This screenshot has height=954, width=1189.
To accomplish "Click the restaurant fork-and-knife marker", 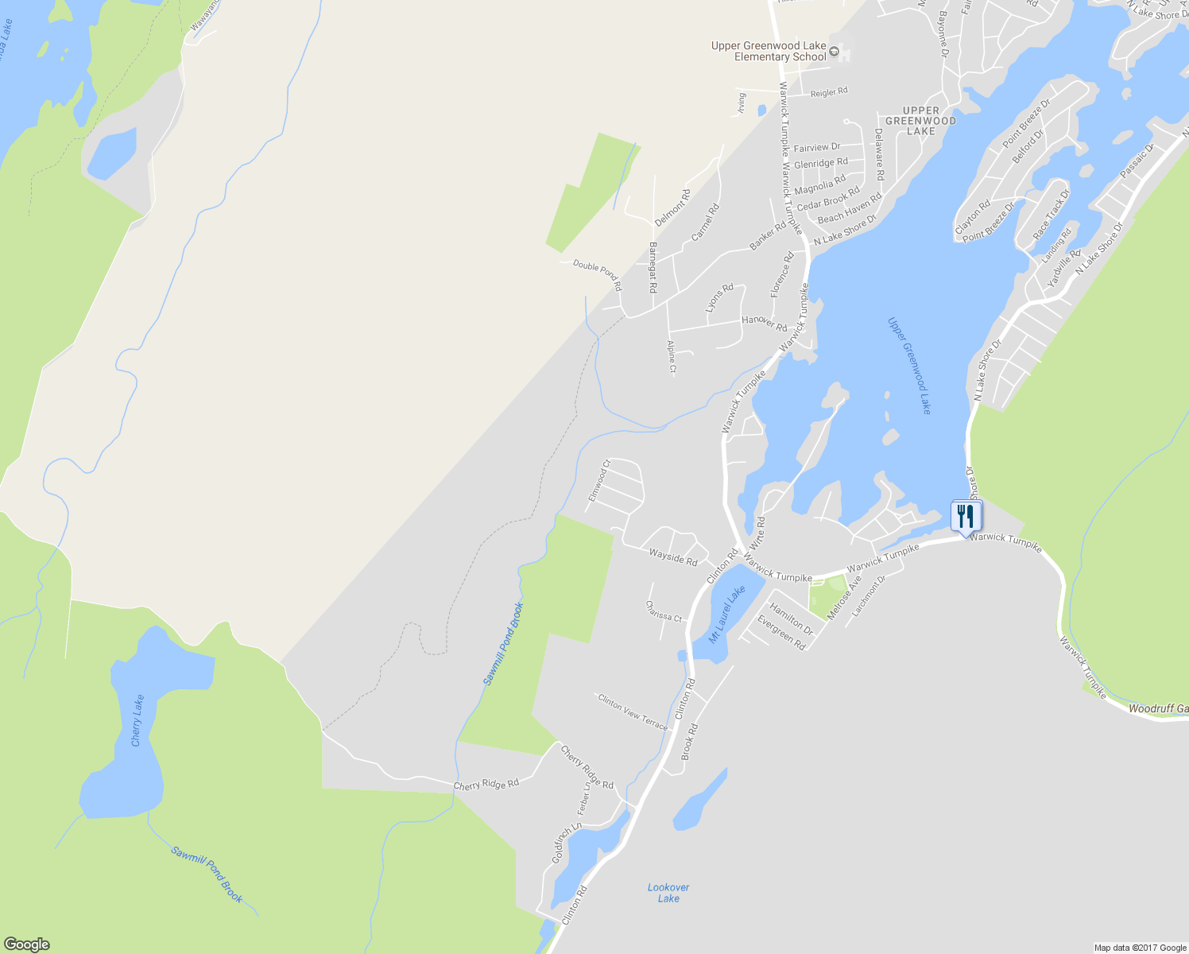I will [x=966, y=516].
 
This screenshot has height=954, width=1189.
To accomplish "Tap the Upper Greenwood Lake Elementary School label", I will [x=769, y=51].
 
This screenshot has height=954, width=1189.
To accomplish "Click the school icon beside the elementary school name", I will [x=834, y=52].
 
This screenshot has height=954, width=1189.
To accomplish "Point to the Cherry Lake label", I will [x=137, y=720].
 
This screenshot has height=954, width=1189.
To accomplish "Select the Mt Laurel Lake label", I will [x=727, y=615].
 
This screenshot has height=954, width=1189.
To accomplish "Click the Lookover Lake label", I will [x=668, y=893].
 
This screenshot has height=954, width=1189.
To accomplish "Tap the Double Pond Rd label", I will [x=598, y=274].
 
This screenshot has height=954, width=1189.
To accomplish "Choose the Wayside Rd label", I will [x=672, y=556].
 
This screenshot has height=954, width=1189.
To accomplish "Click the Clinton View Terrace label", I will [x=633, y=711].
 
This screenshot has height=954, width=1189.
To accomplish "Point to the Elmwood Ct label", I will [x=599, y=480].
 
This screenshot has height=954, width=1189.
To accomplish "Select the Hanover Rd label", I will [x=764, y=323].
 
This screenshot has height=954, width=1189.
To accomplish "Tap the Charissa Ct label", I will [x=664, y=611].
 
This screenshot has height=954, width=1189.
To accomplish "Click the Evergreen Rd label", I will [x=781, y=633].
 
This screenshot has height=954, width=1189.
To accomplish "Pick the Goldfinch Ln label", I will [x=567, y=843].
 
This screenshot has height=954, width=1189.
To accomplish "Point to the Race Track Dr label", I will [x=1052, y=215].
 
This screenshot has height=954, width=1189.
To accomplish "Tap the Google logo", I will [x=26, y=944].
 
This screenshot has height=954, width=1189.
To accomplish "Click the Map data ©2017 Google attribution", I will [x=1140, y=948].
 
